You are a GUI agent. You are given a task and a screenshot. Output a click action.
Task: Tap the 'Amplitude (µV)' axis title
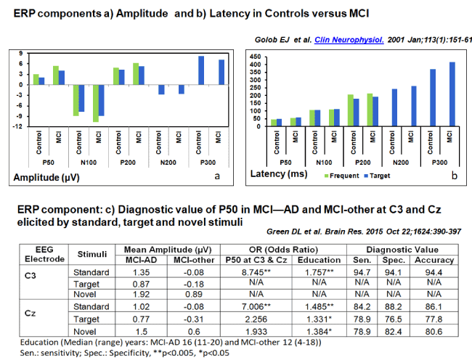coord(44,176)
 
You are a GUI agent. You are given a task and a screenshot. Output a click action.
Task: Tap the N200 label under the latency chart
coord(383,163)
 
